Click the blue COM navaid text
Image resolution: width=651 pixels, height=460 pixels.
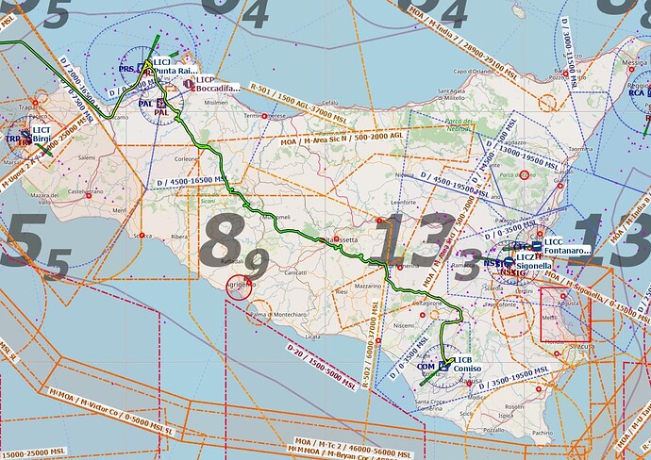pos(426,366)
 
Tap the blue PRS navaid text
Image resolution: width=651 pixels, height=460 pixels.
pos(126,69)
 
